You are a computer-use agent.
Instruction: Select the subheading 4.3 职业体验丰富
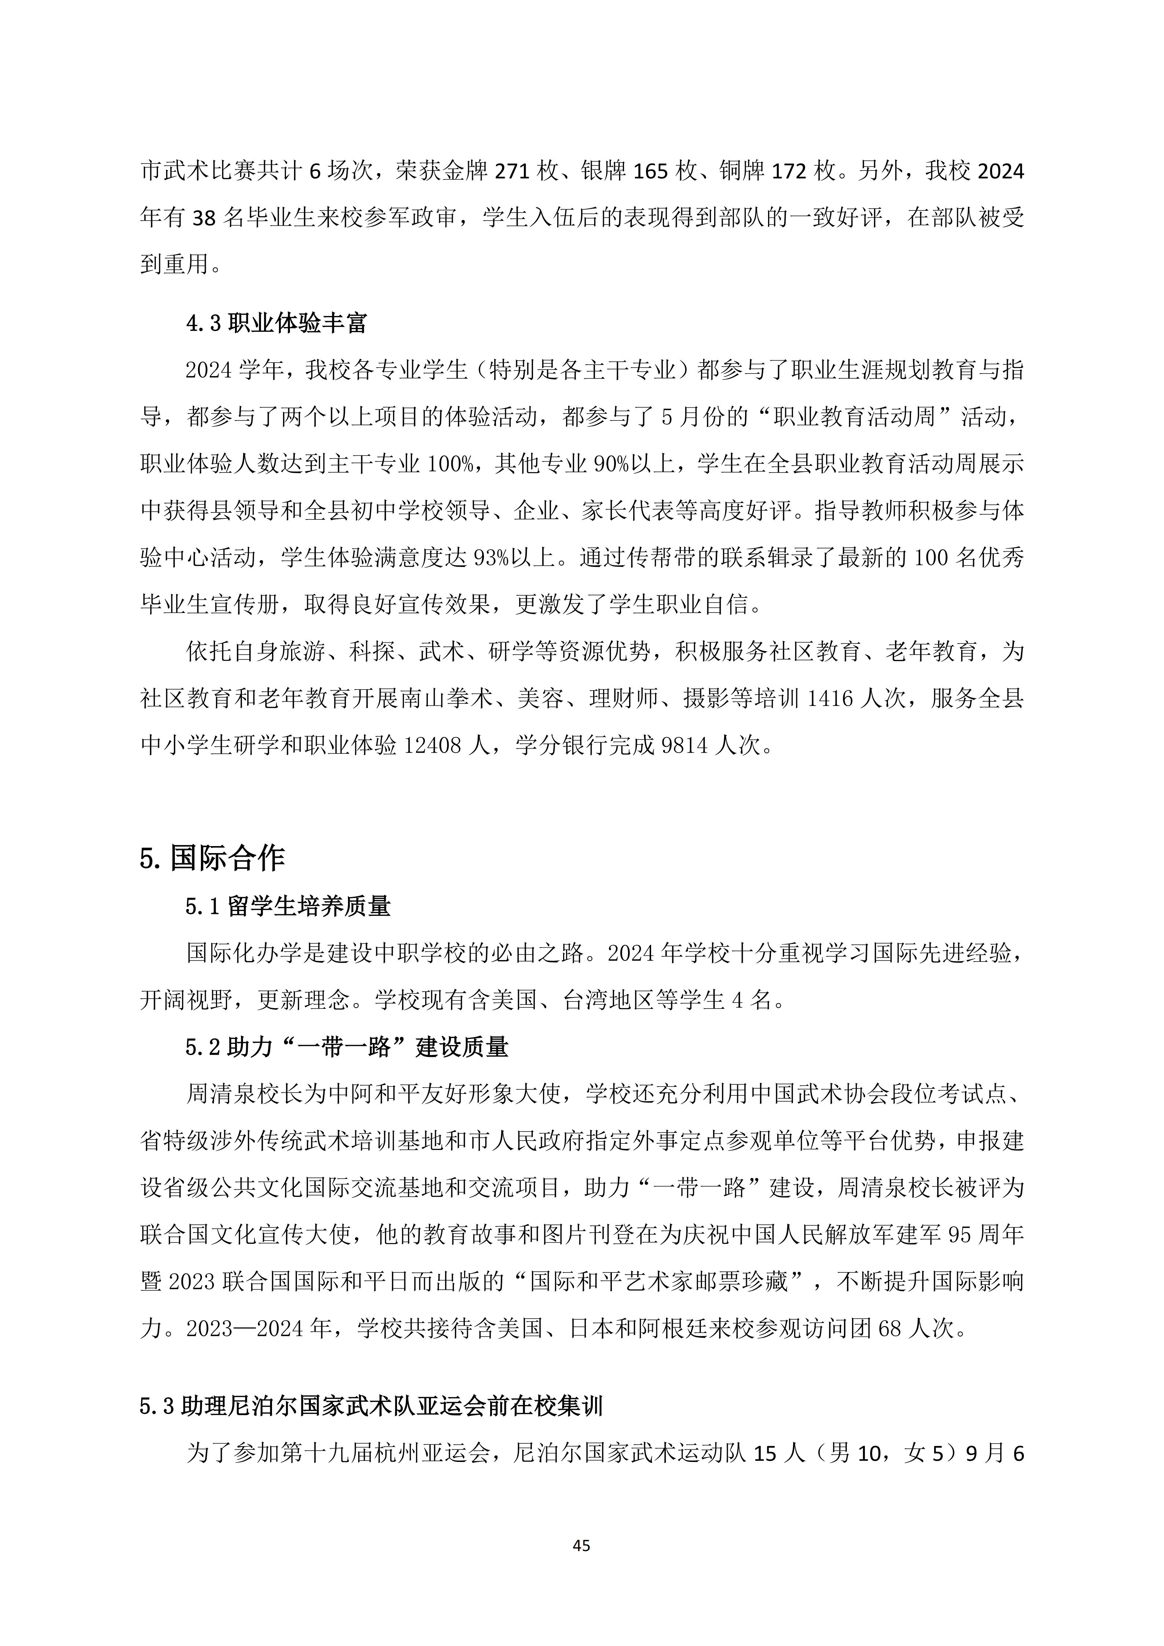[276, 323]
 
